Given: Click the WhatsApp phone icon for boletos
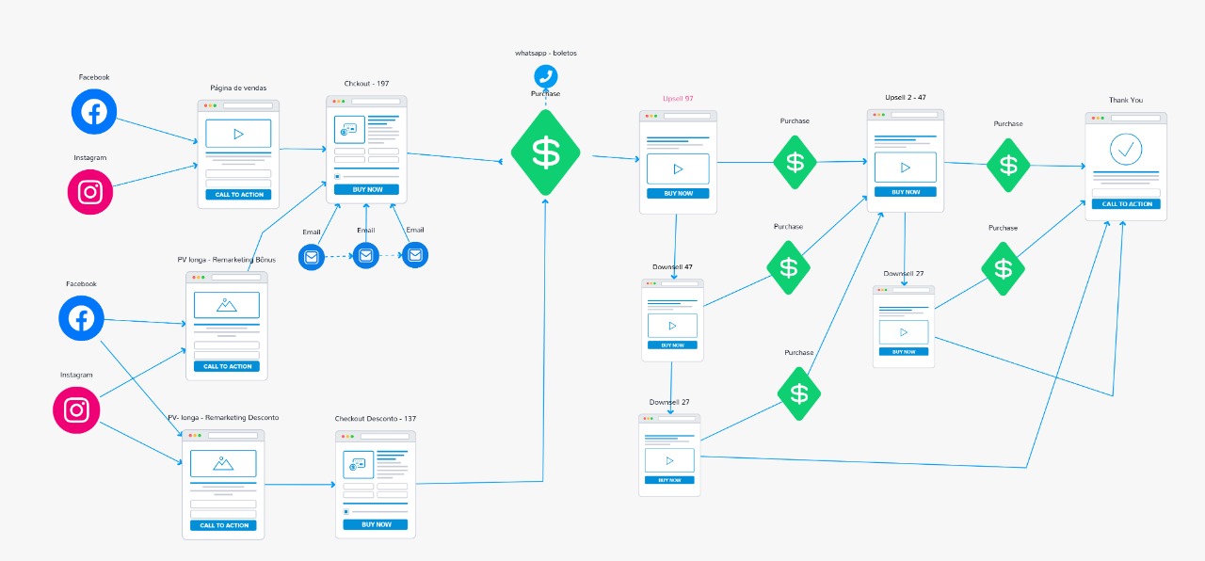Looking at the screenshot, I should pos(545,76).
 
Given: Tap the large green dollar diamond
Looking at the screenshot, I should pos(546,152).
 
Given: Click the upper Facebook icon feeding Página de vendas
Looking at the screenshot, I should pos(94,112).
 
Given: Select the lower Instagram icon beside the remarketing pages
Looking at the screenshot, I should pos(76,409).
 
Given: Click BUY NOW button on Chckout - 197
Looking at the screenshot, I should pos(366,189).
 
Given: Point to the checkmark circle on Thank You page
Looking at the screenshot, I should pos(1125,149).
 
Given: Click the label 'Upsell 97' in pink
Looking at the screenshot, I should pos(678,99).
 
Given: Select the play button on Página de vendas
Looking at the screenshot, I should pos(238,134).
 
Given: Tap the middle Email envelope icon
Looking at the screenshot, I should pos(365,255).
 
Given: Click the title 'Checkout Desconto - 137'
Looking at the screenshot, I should pos(376,419).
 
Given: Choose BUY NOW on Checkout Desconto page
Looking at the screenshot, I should pos(376,524).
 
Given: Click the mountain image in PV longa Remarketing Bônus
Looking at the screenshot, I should pos(226,305).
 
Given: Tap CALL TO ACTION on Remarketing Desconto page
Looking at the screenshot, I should pos(224,525).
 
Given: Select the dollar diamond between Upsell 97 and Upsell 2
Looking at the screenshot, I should pos(795,162).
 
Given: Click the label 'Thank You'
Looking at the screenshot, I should pos(1125,100).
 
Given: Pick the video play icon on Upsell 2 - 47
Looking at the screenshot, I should pos(905,168).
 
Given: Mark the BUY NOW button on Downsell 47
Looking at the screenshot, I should pos(672,345).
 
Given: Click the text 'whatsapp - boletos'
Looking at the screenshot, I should pos(545,53).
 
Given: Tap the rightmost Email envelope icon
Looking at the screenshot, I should pos(415,254).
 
